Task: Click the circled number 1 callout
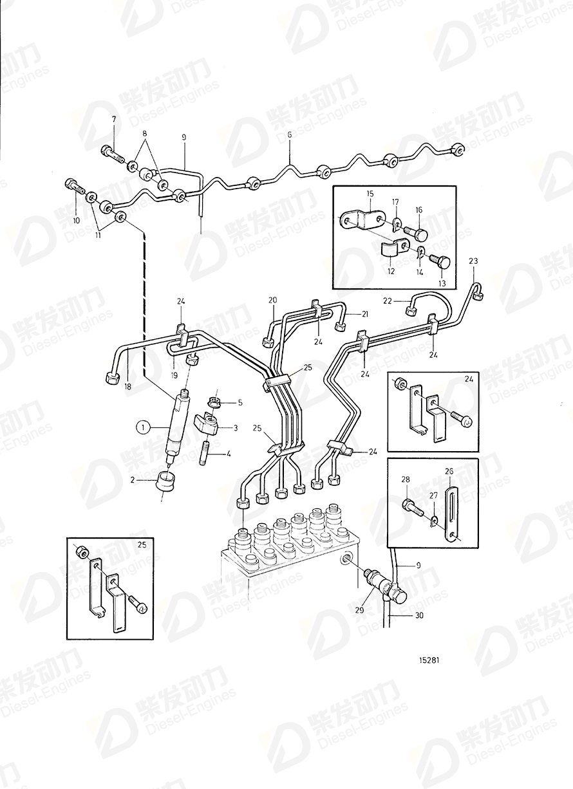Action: [142, 425]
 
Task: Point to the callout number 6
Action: [290, 135]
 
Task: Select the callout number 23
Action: [473, 261]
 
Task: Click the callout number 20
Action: [272, 301]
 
